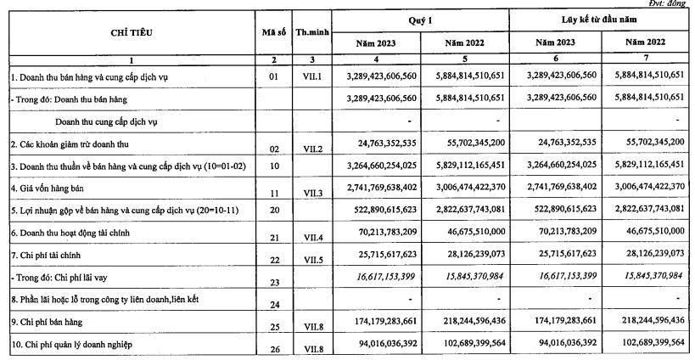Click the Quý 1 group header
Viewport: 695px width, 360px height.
[x=421, y=19]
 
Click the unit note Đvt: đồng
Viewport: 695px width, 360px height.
[x=674, y=4]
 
